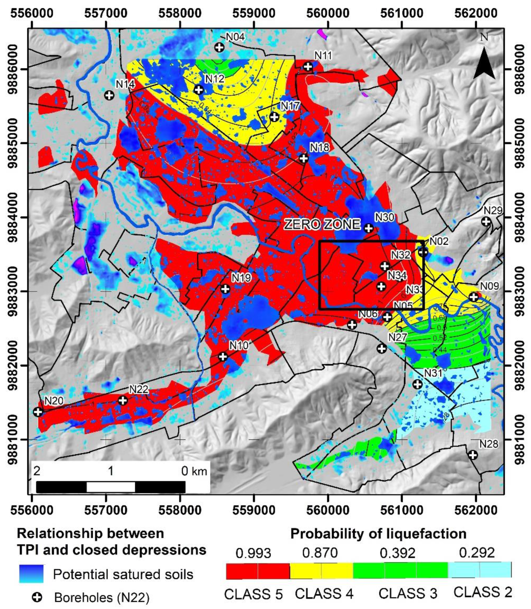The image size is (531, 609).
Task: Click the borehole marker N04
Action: point(219,47)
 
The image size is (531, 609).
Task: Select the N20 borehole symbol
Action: point(38,412)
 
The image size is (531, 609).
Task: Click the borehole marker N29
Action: point(486,221)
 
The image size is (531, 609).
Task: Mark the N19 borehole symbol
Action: point(225,289)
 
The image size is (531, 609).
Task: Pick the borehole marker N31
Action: point(417,384)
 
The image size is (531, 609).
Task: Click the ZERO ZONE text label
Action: point(322,224)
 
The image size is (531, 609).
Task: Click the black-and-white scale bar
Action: point(110,487)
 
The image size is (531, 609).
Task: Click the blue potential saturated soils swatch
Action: point(31,574)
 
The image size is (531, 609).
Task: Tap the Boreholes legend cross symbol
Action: point(37,597)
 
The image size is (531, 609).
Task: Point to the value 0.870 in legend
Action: point(320,553)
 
